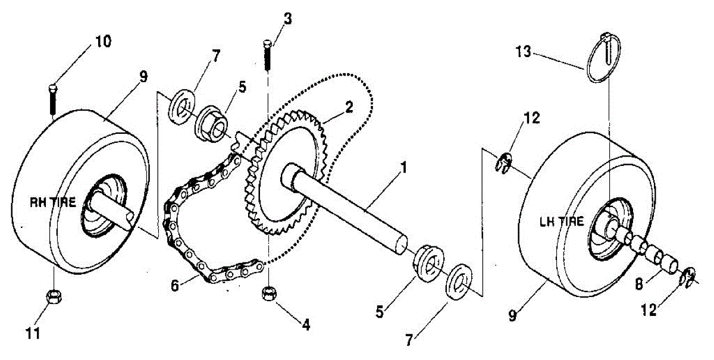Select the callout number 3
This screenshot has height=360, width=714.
[x=288, y=18]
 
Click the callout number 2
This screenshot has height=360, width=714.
[x=349, y=107]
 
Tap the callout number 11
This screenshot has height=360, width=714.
[x=35, y=334]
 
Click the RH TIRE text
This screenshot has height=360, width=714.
[x=54, y=202]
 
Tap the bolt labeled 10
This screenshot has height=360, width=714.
[x=53, y=101]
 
